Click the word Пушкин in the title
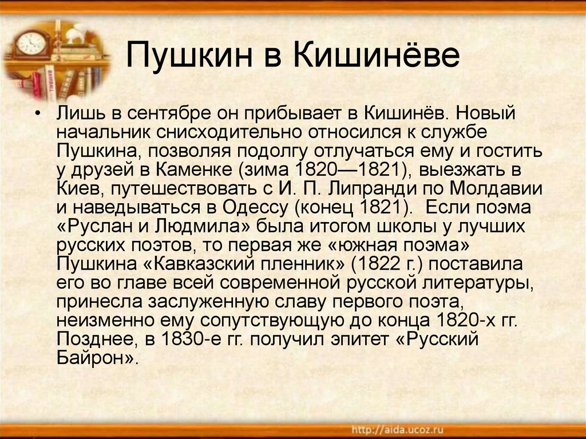tap(189, 56)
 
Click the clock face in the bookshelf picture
tap(31, 43)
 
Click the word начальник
tap(104, 132)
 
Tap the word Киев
tap(79, 188)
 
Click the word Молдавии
tap(496, 188)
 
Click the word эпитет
tap(359, 340)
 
